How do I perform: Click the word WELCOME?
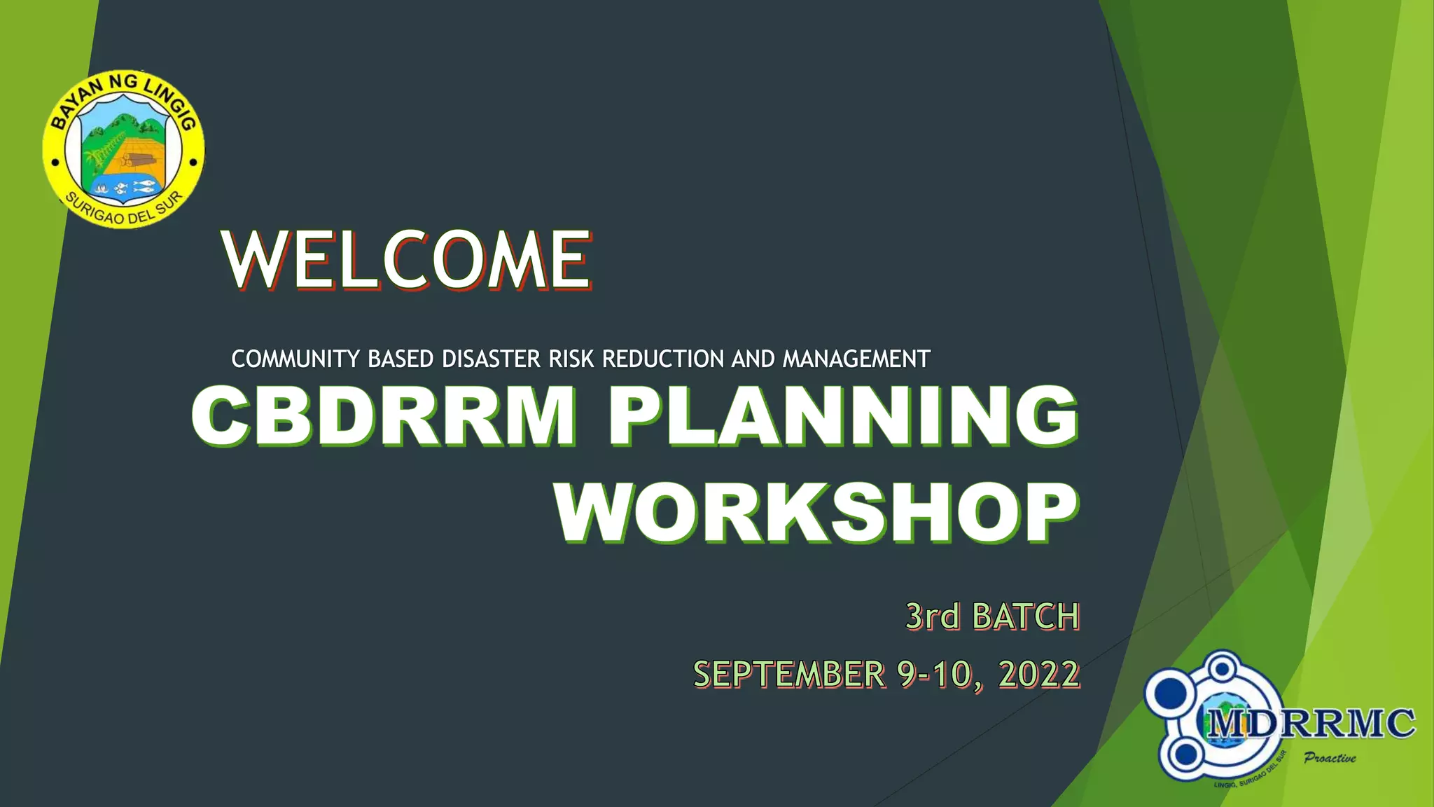point(407,261)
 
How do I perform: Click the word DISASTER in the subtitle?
point(491,359)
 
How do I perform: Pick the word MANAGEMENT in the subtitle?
point(856,359)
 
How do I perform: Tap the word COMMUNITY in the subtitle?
point(295,359)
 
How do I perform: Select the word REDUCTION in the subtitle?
point(662,359)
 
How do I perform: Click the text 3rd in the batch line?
point(932,616)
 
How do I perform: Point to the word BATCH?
point(1026,616)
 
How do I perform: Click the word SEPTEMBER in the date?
point(789,674)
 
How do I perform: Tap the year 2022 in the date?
point(1039,674)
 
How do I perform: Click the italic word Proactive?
point(1330,758)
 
